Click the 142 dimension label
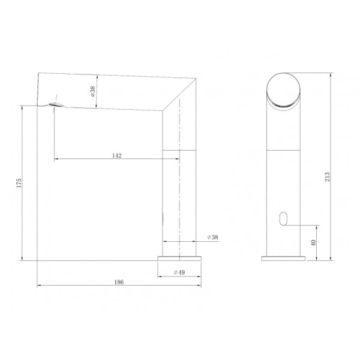[x=116, y=155]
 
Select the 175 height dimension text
[x=19, y=183]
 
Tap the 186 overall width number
[x=119, y=282]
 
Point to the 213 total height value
[x=328, y=177]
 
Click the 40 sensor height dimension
[x=313, y=242]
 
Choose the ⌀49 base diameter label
[x=179, y=272]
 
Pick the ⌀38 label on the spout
[x=93, y=91]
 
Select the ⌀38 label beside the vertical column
[x=212, y=237]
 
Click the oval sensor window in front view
[x=283, y=218]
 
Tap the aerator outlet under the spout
[x=55, y=104]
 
